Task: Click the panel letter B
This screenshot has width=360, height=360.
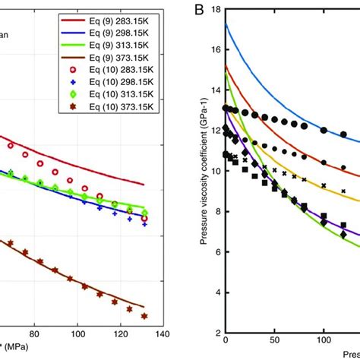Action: tap(196, 11)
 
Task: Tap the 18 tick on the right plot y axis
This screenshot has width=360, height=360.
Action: tap(216, 11)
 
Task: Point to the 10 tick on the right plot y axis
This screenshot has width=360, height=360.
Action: tap(216, 171)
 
